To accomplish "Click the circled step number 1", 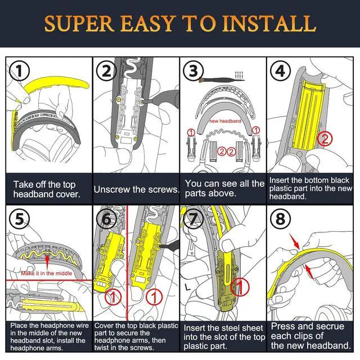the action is [20, 70].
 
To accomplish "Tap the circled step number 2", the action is [106, 70].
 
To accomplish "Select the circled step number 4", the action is [280, 70].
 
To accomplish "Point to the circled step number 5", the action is [20, 219].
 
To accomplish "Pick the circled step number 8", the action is [280, 219].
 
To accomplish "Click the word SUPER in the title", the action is [79, 24].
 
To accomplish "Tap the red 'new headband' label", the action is [225, 121].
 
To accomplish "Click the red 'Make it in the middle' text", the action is [46, 273].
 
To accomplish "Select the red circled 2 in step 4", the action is [325, 138].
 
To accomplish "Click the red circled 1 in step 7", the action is [240, 287].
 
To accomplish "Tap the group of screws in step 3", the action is [238, 75].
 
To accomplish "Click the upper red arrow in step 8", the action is [295, 241].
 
